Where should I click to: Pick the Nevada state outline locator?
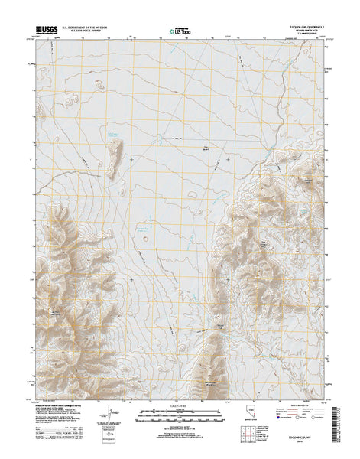click(237, 417)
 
